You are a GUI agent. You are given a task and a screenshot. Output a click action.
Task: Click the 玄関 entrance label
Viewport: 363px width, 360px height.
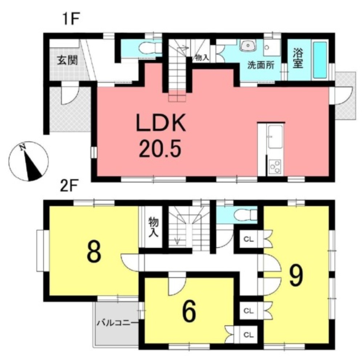tap(68, 61)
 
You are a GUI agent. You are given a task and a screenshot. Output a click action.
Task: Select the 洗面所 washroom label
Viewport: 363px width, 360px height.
tap(261, 65)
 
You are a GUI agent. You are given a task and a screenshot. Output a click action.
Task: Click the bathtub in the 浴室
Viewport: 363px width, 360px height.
tap(320, 60)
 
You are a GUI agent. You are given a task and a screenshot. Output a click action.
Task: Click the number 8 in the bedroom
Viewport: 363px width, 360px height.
tap(94, 251)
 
